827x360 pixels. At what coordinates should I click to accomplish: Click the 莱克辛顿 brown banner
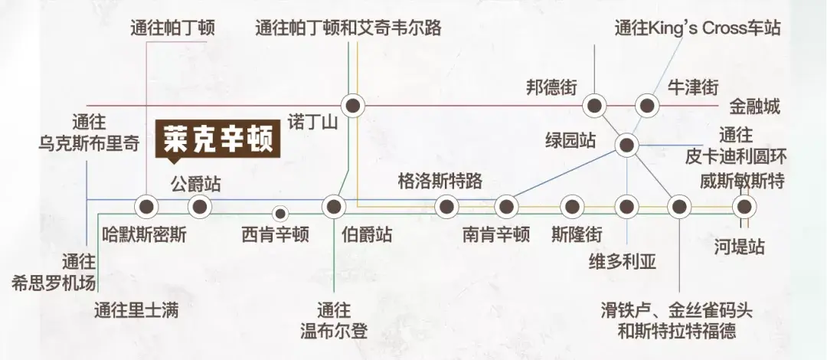pos(217,139)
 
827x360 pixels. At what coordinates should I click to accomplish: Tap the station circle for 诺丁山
pos(353,106)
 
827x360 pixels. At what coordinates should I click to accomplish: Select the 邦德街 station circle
pos(595,106)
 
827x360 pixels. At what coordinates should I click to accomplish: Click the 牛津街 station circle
pos(647,106)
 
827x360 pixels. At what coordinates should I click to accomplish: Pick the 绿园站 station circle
pos(626,146)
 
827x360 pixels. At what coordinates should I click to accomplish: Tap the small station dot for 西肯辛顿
pos(280,214)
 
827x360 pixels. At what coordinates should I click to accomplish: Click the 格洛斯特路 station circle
pos(446,207)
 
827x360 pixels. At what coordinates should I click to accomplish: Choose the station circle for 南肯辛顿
pos(506,207)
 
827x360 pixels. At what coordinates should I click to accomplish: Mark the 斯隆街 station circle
pos(572,207)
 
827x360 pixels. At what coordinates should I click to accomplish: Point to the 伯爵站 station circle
pos(333,207)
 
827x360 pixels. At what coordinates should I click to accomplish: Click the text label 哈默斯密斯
pos(144,234)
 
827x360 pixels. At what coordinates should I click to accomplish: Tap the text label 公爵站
pos(196,185)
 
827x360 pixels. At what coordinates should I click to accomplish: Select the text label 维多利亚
pos(623,261)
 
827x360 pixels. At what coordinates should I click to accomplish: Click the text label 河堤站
pos(740,247)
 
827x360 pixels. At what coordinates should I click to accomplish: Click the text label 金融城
pos(755,108)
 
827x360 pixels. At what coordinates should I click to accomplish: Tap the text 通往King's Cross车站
pos(698,28)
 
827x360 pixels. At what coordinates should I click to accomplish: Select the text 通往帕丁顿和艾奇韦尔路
pos(348,28)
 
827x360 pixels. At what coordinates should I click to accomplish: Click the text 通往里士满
pos(136,310)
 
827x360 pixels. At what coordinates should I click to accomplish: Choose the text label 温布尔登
pos(333,332)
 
